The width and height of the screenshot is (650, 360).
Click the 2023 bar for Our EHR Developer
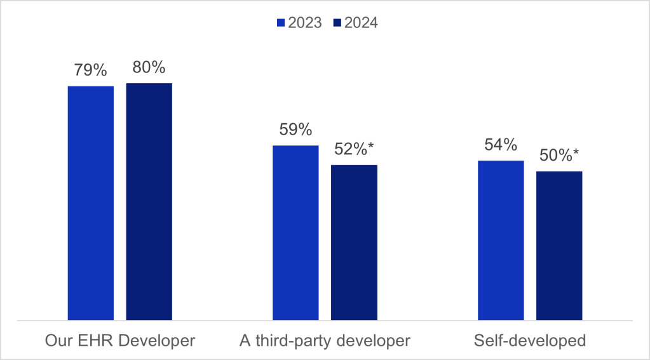coord(91,203)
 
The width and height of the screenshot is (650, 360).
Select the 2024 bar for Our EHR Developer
coord(149,202)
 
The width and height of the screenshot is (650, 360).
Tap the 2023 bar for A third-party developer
coord(295,233)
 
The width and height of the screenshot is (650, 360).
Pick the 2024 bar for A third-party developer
coord(354,243)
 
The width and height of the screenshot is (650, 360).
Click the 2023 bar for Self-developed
coord(501,241)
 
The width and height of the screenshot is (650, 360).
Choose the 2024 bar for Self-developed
coord(559,246)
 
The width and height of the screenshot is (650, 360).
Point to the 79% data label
coord(91,70)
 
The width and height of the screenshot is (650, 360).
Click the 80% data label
coord(149,67)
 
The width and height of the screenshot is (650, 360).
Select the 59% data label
coord(295,130)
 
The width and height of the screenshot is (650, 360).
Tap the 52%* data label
coord(354,150)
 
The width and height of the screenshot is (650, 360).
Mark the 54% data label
coord(501,145)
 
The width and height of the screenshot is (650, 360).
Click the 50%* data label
coord(559,156)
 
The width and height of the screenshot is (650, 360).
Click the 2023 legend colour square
coord(280,23)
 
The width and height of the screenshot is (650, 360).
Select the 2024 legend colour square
coord(337,23)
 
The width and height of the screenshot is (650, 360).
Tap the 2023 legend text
coord(304,23)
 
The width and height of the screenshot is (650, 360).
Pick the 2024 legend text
coord(361,23)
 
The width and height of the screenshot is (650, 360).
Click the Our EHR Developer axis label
coord(120,341)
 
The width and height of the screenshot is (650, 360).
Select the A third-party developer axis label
coord(325,341)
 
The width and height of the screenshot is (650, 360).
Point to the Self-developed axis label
coord(529,341)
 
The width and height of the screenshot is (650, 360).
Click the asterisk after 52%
coord(370,147)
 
